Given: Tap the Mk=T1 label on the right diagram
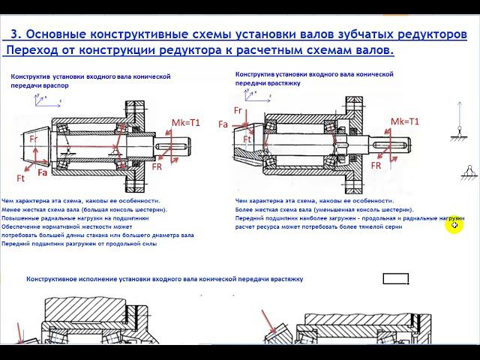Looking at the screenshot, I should click(404, 121).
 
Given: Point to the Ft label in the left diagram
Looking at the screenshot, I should click(21, 178).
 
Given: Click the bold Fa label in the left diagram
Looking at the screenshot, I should click(43, 173).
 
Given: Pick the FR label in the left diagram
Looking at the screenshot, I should click(157, 166).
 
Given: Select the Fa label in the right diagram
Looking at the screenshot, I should click(223, 124).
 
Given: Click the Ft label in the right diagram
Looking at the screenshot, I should click(247, 139).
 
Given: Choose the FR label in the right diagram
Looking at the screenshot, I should click(376, 165).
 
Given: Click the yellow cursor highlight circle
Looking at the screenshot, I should click(454, 225).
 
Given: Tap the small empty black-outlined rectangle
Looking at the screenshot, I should click(395, 280).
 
